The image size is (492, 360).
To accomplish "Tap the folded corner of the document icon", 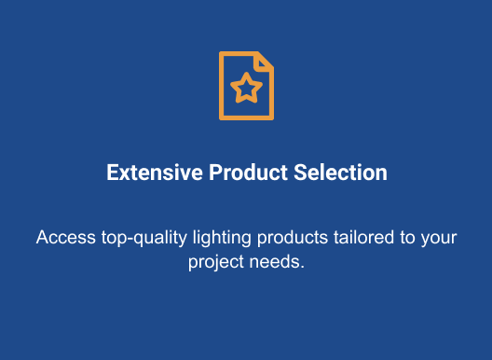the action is (x=264, y=62).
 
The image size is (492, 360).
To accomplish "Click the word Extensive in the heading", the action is (x=155, y=173).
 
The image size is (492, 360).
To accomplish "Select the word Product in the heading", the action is (x=248, y=173).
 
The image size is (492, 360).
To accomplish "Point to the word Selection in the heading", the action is (x=340, y=173).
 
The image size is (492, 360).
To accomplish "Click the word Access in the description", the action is (x=66, y=237).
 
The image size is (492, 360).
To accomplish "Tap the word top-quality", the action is (x=144, y=239).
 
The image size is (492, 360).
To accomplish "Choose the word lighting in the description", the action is (x=222, y=239).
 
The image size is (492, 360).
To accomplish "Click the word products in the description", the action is (x=293, y=239).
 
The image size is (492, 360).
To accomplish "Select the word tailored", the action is (x=363, y=237).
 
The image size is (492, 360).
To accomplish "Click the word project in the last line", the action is (x=216, y=263).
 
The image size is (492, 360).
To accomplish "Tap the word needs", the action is (x=274, y=262).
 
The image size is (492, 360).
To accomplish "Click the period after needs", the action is (x=303, y=268).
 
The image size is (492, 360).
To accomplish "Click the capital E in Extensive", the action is (x=112, y=173).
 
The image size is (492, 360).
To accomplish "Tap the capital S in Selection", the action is (x=301, y=173).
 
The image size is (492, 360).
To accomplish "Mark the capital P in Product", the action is (x=216, y=173).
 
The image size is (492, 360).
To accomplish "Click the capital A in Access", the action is (x=43, y=237).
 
